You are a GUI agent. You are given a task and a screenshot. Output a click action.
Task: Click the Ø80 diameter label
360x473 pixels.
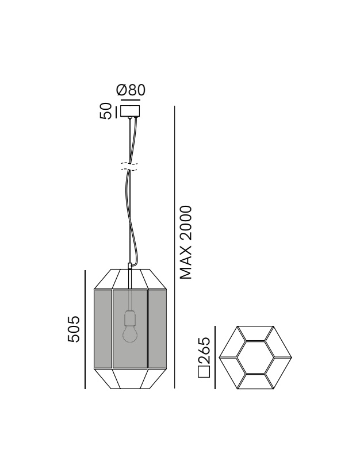coord(131,90)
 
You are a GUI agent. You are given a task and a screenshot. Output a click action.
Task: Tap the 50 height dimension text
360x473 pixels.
coord(106,111)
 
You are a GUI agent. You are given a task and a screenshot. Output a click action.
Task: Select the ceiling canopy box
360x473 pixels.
coord(131,111)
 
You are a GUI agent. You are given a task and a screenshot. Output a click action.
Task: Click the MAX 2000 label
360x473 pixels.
coord(185,242)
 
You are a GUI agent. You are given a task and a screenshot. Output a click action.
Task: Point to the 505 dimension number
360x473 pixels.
coord(74,329)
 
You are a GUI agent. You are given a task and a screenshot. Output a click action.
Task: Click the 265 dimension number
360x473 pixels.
coord(204,350)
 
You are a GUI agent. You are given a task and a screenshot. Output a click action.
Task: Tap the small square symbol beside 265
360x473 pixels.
coord(204,371)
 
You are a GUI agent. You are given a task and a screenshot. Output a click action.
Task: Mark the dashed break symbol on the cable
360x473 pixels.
coord(130,166)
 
